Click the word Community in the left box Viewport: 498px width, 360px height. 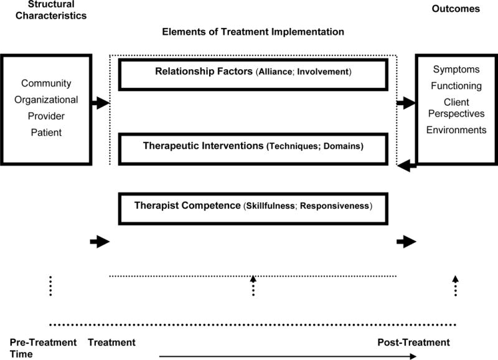click(x=46, y=83)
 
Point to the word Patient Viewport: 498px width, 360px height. click(x=46, y=132)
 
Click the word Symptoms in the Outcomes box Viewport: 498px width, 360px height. click(x=456, y=70)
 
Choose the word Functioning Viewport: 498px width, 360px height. click(x=456, y=85)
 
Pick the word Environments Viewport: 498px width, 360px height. click(x=456, y=130)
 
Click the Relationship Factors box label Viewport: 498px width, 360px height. click(x=253, y=72)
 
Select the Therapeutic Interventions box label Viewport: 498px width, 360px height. click(x=253, y=146)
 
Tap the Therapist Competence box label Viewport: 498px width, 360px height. click(x=253, y=206)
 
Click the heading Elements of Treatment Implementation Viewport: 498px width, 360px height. click(x=253, y=31)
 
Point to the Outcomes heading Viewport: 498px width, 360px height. click(x=456, y=9)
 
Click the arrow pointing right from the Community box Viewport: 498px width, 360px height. click(x=100, y=103)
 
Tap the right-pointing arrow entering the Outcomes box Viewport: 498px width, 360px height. click(x=406, y=103)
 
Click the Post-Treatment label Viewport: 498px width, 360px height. click(x=413, y=343)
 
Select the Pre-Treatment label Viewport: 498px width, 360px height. click(x=43, y=343)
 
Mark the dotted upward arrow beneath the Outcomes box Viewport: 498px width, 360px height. click(x=455, y=285)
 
